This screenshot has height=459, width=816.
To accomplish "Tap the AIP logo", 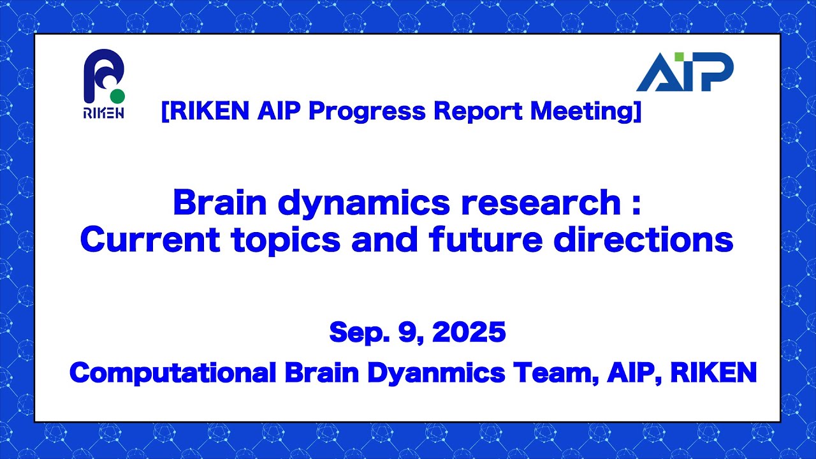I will pyautogui.click(x=685, y=71).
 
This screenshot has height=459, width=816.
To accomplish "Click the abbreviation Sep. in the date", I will pyautogui.click(x=354, y=332).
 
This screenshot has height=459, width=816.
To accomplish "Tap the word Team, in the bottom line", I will pyautogui.click(x=557, y=373).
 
